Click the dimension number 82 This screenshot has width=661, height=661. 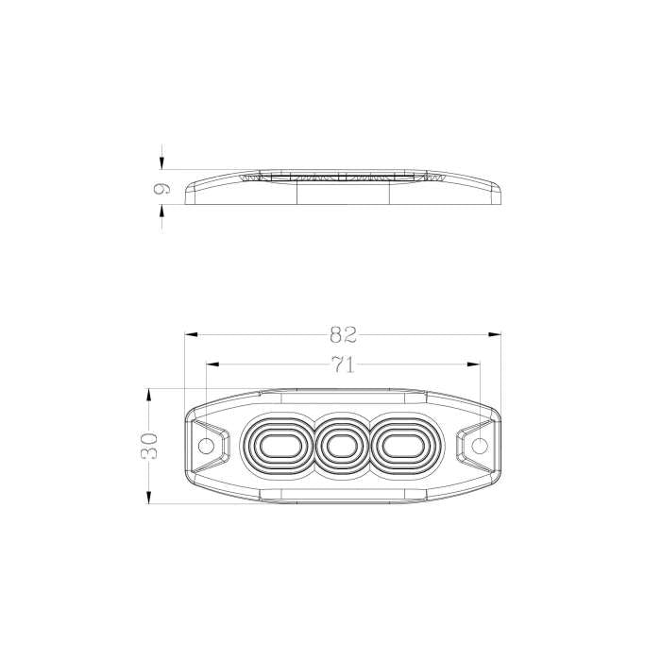click(343, 333)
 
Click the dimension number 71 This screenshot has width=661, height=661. click(343, 364)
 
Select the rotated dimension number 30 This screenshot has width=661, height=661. click(149, 445)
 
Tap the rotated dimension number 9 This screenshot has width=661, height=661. click(161, 189)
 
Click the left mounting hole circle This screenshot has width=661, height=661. click(205, 445)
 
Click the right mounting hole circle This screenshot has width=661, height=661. click(480, 445)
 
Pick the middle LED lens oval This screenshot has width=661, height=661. click(342, 445)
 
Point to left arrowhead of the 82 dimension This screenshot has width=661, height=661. click(189, 333)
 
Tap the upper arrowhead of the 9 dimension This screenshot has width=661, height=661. click(161, 162)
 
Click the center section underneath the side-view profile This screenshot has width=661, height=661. click(344, 192)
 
